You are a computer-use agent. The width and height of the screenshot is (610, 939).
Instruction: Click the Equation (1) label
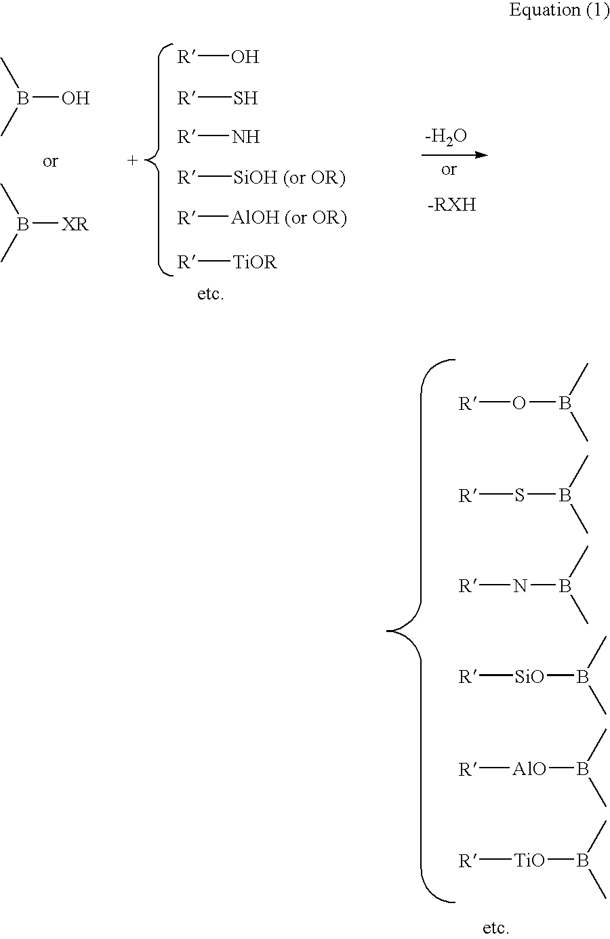click(x=559, y=9)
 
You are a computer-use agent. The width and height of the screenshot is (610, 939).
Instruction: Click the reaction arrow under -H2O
click(x=455, y=155)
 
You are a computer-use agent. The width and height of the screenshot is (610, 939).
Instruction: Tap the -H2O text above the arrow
click(x=446, y=137)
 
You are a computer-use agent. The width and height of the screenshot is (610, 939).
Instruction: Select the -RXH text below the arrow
click(x=452, y=205)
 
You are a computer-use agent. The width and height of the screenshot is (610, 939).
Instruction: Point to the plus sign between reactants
click(x=132, y=160)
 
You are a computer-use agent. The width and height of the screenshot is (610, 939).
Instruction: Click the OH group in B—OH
click(x=75, y=98)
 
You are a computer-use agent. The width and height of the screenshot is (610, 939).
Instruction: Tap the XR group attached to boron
click(x=75, y=225)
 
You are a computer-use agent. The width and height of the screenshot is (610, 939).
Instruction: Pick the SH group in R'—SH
click(x=245, y=98)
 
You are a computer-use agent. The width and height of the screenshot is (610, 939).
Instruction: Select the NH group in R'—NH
click(x=245, y=137)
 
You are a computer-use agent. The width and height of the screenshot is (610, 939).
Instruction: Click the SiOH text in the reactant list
click(x=255, y=178)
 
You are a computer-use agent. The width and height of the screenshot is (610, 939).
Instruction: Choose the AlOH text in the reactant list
click(x=256, y=217)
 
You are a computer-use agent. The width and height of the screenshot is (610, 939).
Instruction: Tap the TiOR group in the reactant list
click(x=255, y=262)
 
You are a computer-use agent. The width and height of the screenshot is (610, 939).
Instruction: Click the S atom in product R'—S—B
click(x=519, y=495)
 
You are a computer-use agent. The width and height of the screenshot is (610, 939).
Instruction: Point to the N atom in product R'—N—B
click(x=520, y=586)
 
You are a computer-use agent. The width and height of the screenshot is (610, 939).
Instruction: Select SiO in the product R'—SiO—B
click(x=529, y=677)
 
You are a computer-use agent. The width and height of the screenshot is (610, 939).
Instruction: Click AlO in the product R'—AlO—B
click(x=529, y=769)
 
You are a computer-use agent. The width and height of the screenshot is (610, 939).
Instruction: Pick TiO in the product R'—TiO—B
click(x=529, y=860)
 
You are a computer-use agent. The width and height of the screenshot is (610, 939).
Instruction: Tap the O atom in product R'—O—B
click(x=519, y=404)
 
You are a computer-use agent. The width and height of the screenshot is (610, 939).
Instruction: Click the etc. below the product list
click(x=495, y=927)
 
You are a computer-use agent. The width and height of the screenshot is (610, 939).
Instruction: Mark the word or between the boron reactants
click(x=50, y=161)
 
